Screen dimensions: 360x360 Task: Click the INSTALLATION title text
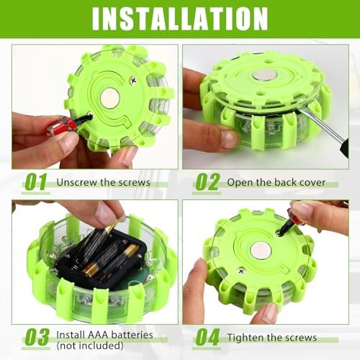coord(180,19)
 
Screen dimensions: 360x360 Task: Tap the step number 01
coord(36,182)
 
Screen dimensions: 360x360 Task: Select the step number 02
coord(207,182)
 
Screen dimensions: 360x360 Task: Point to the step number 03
coord(37,337)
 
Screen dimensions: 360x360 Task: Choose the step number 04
coord(207,337)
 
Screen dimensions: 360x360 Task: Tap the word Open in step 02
coord(240,183)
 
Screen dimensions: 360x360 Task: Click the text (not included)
coord(90,346)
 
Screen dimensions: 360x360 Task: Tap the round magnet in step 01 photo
coord(110,98)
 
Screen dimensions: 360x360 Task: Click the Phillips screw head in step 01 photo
coord(132,78)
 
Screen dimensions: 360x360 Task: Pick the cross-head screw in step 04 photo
coord(241,271)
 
